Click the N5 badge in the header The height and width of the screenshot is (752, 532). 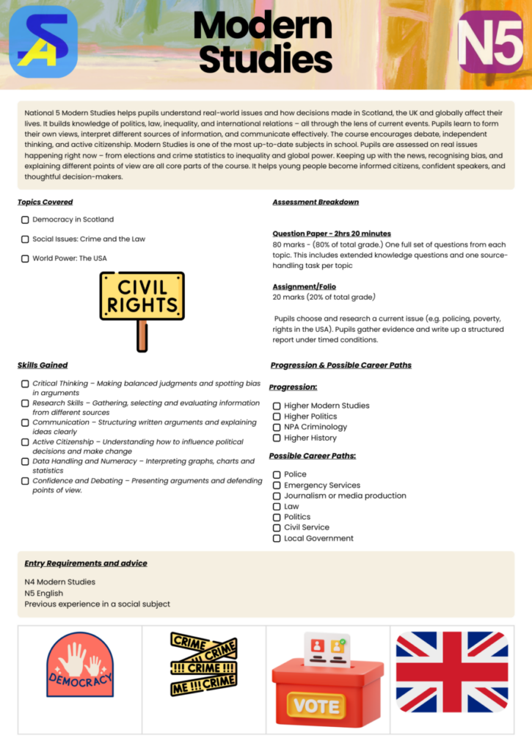coord(490,42)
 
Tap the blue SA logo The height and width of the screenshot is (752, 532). coord(43,42)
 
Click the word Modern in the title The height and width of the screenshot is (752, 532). coord(263,26)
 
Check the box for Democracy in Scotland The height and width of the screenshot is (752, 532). coord(25,220)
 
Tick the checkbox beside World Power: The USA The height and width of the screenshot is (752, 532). coord(25,258)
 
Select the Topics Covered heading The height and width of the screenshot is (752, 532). coord(45,202)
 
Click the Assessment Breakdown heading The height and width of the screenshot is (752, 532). coord(316,202)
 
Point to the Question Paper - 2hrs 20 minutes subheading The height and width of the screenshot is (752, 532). coord(332,234)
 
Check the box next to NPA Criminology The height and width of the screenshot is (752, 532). coord(277,427)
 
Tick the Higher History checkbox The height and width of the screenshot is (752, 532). coord(277,438)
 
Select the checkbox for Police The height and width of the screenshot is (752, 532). coord(277,474)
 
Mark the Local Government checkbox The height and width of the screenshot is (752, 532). coord(277,538)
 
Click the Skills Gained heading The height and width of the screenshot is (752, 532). coord(43,365)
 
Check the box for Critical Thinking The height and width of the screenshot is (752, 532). coord(25,384)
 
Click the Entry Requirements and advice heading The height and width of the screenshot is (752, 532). coord(86,563)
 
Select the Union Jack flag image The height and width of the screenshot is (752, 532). coord(452,672)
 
